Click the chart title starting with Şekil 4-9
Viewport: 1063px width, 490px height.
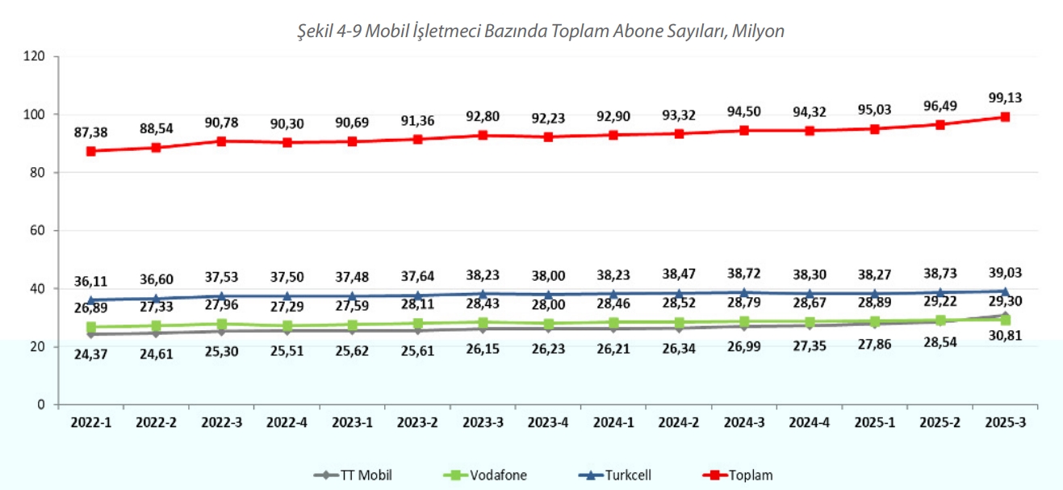tap(540, 31)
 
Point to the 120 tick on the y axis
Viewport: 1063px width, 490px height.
tap(34, 57)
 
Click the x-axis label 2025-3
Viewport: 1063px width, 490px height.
tap(1005, 421)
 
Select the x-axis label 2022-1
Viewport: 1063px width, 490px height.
tap(90, 421)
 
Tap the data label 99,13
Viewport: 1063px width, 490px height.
tap(1005, 98)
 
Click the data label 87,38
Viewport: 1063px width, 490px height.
tap(90, 132)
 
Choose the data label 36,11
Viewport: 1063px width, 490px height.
tap(90, 282)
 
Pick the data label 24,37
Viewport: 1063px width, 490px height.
tap(90, 355)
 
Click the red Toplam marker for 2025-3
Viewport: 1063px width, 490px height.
tap(1005, 117)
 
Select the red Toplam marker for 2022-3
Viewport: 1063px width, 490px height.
tap(221, 141)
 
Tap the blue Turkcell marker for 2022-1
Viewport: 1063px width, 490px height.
tap(90, 300)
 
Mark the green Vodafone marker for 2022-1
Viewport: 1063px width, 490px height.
tap(90, 327)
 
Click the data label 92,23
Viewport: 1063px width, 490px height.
tap(547, 119)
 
